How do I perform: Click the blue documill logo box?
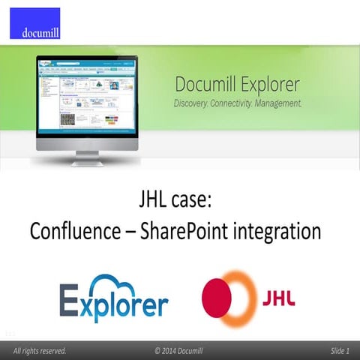click(x=34, y=23)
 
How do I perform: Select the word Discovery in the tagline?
click(x=193, y=102)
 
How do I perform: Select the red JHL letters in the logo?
click(x=277, y=297)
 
